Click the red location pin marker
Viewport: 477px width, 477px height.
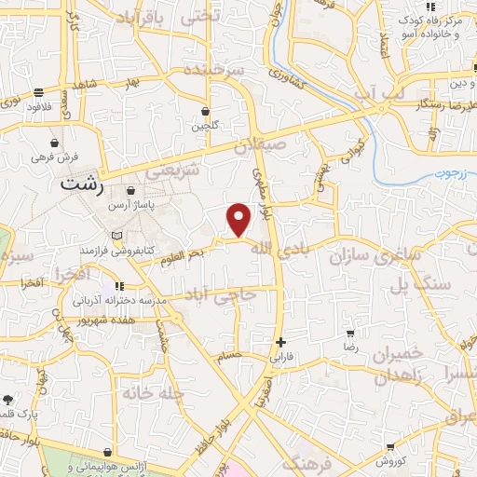point(239,220)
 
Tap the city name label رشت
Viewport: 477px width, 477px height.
point(79,184)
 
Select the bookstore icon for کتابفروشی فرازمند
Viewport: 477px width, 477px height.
point(116,236)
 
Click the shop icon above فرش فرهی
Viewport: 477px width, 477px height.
point(55,143)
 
